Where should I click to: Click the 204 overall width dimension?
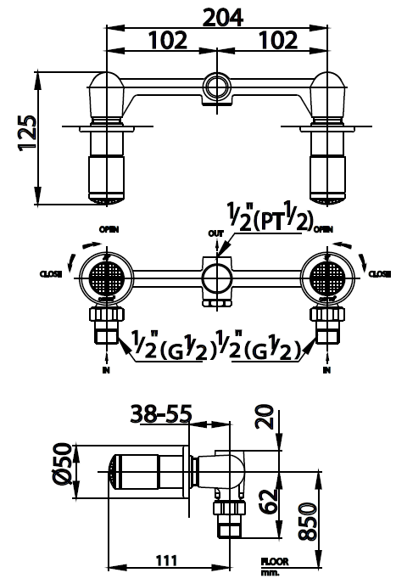click(x=223, y=18)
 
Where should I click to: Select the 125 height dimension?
click(x=27, y=132)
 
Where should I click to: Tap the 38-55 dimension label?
click(x=161, y=413)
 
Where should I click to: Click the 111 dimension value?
click(x=166, y=560)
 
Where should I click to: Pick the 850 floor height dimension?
click(x=308, y=522)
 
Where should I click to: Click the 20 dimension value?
click(x=265, y=417)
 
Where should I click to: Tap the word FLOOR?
click(x=275, y=562)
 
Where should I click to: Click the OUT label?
click(x=216, y=233)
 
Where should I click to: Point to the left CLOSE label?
click(x=51, y=274)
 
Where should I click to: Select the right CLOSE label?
click(x=380, y=274)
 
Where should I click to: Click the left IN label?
click(x=107, y=370)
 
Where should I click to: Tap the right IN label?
click(x=326, y=370)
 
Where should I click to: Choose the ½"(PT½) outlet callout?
click(x=270, y=217)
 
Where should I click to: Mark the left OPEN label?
click(x=109, y=229)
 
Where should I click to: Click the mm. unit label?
click(x=268, y=573)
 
